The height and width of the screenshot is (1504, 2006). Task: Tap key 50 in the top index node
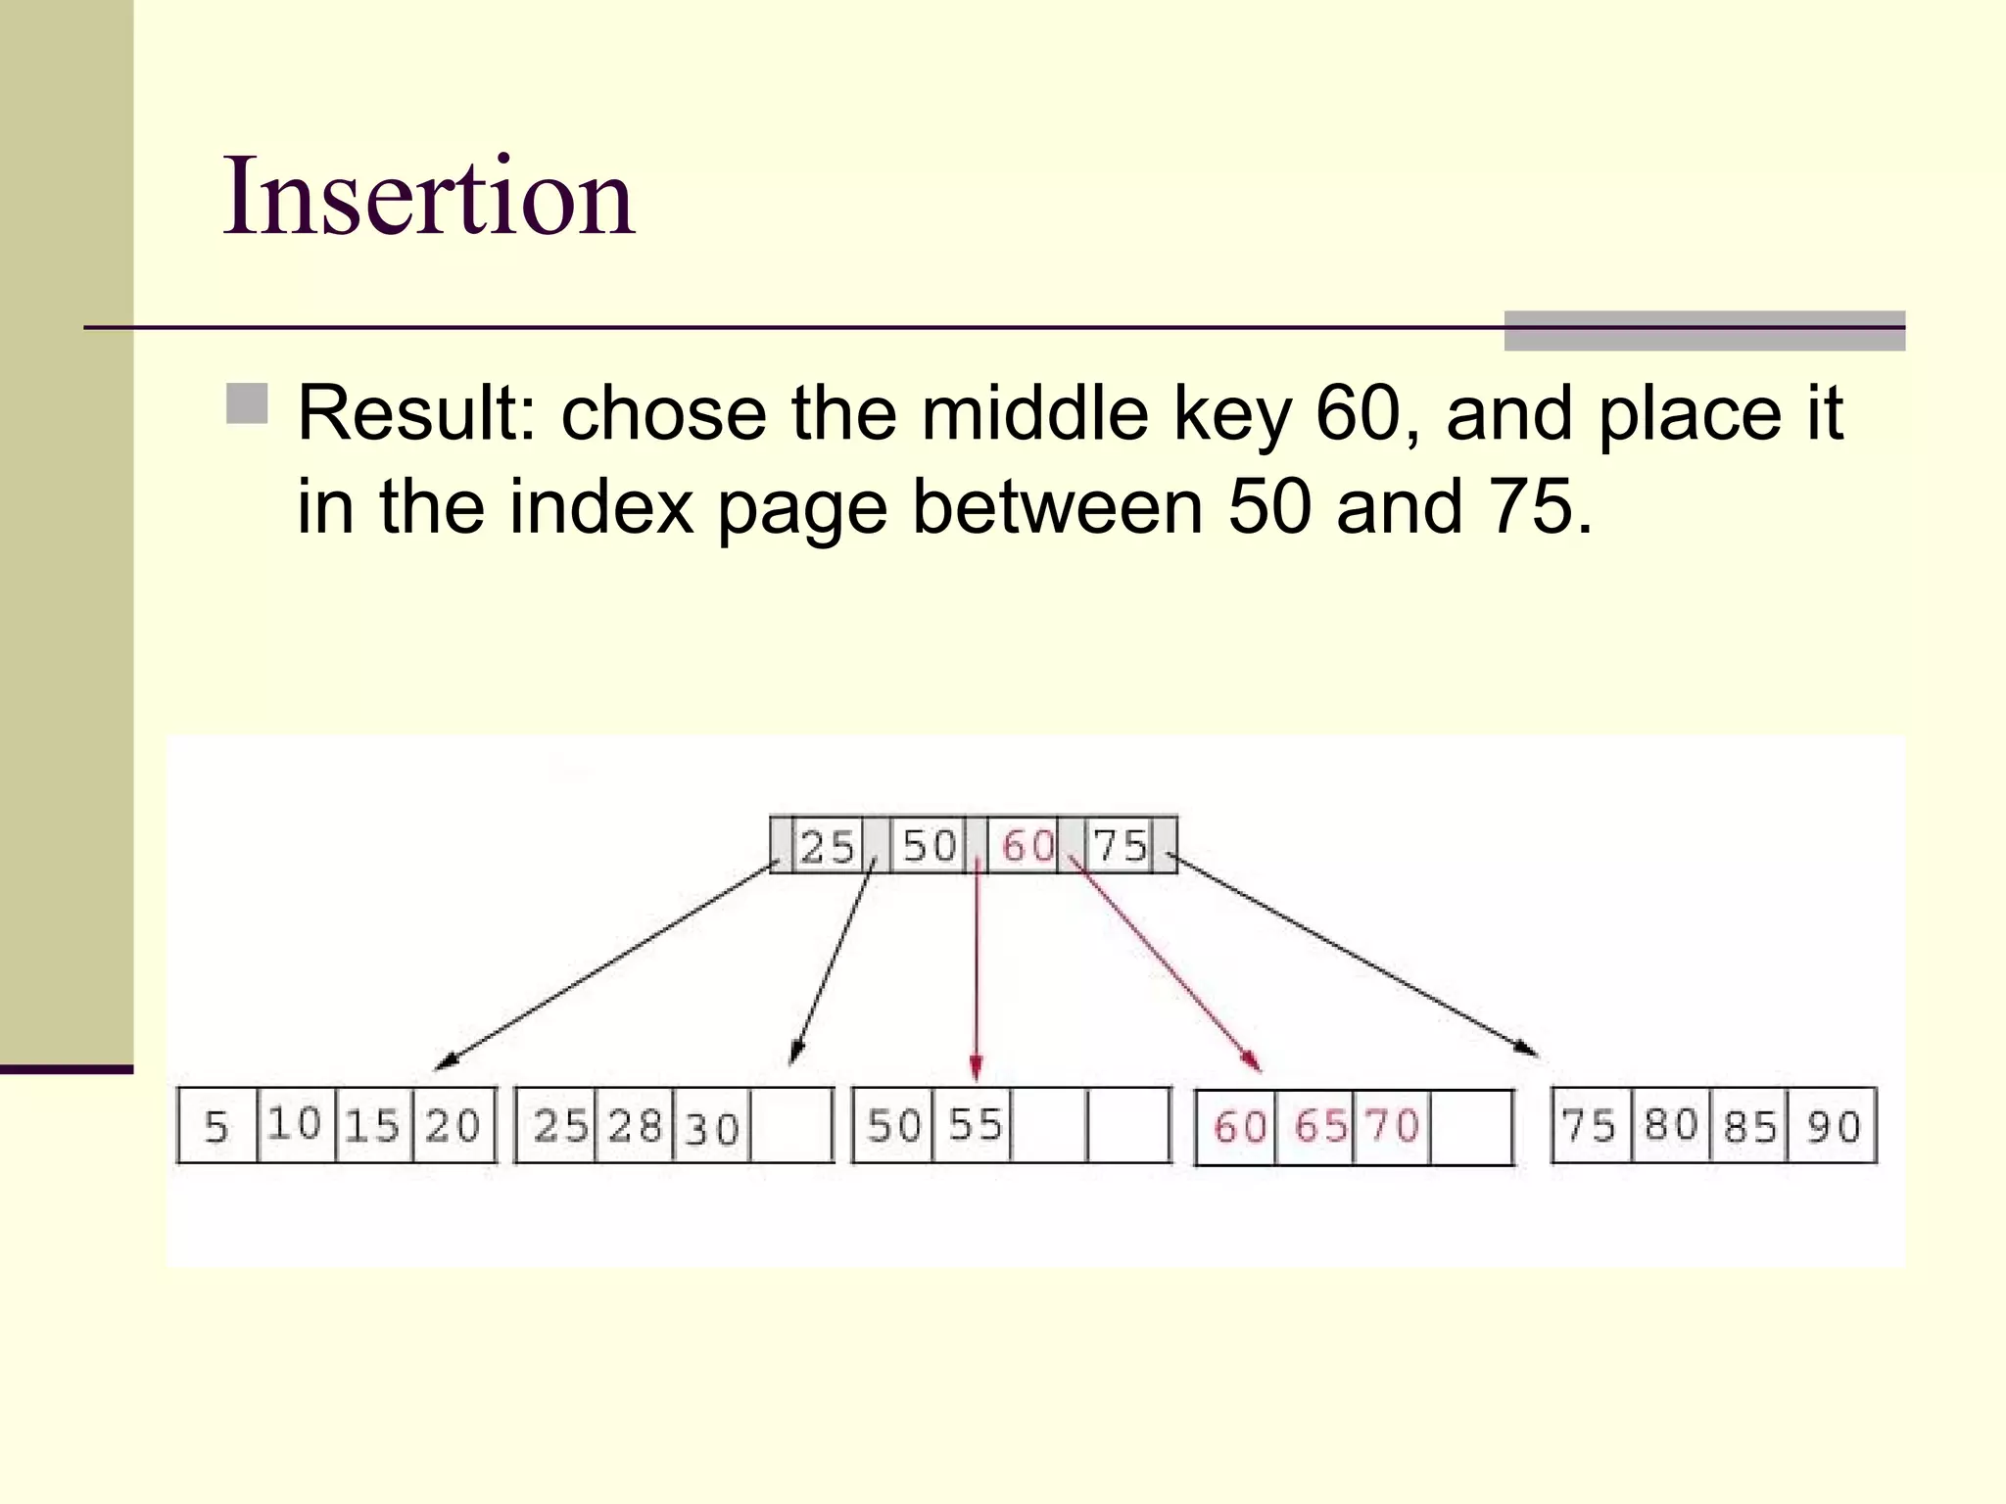[929, 845]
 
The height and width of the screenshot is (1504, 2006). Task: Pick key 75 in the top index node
[1121, 845]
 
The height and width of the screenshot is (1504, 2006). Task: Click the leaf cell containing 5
[216, 1126]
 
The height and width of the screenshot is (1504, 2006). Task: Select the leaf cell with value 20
[454, 1126]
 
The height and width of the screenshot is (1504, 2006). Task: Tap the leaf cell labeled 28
[636, 1126]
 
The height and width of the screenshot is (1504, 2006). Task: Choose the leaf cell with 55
[975, 1125]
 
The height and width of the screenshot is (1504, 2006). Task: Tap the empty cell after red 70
[1471, 1127]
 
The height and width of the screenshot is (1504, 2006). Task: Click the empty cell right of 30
[791, 1126]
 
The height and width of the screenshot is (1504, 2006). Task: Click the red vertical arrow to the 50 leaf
[977, 969]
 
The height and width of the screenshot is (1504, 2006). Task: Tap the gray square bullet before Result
[247, 403]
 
